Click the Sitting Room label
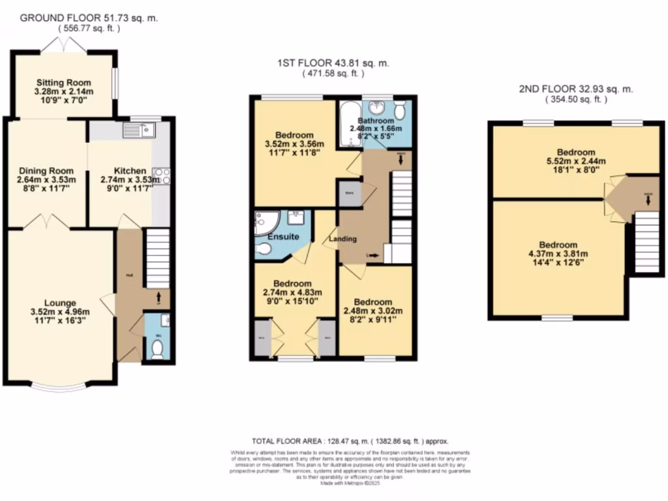coord(63,83)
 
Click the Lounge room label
coord(61,303)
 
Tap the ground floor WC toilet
coord(157,351)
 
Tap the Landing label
coord(342,239)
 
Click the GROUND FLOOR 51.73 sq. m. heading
coord(89,18)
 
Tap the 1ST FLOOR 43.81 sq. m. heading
coord(333,63)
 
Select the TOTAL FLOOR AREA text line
coord(350,442)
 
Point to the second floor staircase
coord(646,242)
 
